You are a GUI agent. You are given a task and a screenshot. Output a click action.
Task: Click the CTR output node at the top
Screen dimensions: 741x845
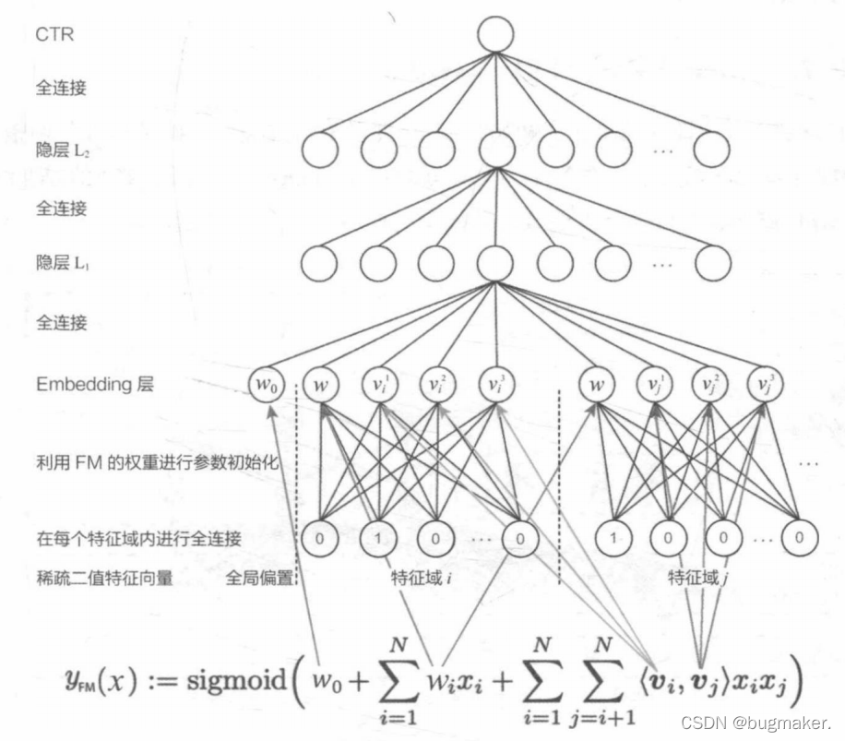494,34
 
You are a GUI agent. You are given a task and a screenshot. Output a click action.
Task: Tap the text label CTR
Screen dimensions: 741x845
54,35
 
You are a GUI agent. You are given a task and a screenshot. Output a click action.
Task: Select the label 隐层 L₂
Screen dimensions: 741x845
62,150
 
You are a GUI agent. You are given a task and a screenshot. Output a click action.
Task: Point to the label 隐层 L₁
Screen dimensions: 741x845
62,264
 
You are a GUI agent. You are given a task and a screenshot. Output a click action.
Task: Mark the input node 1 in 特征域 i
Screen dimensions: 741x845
377,535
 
